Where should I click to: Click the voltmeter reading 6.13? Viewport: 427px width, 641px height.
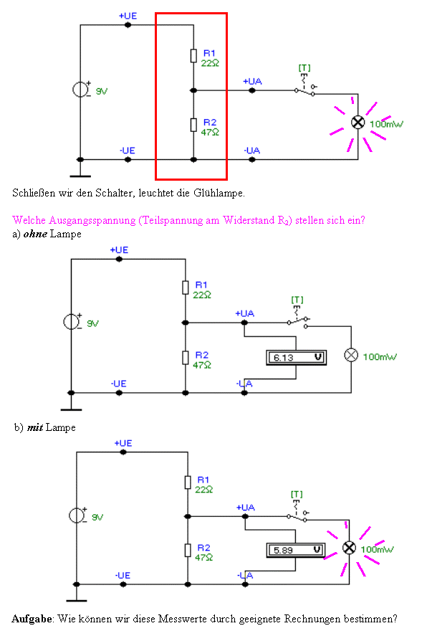click(296, 358)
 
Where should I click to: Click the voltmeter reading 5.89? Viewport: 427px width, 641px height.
click(296, 550)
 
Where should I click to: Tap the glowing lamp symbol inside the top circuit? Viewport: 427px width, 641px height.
click(358, 122)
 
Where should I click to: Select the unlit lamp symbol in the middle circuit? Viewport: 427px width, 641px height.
click(351, 355)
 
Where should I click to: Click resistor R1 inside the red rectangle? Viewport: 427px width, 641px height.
click(193, 56)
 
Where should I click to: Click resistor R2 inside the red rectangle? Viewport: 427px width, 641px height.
click(193, 125)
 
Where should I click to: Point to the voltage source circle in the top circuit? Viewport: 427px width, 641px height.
click(80, 90)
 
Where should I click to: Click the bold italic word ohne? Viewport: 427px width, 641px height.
click(35, 234)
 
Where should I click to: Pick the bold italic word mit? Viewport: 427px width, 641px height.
click(35, 427)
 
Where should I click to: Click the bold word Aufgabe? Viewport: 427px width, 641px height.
click(32, 619)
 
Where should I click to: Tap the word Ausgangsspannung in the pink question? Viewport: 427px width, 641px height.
click(92, 220)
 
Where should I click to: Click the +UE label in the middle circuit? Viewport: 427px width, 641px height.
click(119, 250)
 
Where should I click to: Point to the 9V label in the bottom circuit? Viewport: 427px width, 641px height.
click(97, 517)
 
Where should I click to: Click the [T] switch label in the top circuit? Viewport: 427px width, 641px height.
click(304, 67)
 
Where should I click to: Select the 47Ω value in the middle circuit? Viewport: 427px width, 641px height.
click(202, 365)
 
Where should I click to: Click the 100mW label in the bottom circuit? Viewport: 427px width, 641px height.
click(377, 549)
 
